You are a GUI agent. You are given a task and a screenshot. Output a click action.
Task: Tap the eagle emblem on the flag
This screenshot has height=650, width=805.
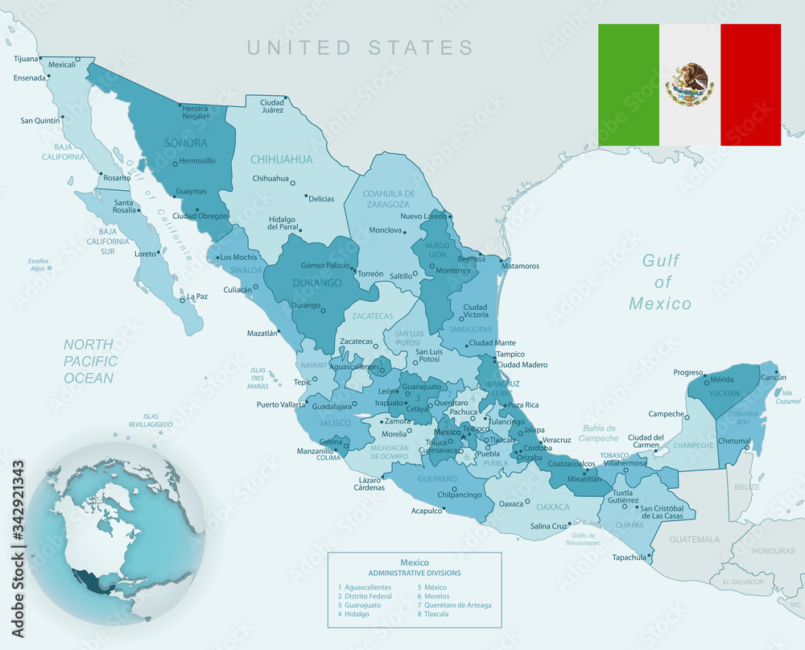[690, 85]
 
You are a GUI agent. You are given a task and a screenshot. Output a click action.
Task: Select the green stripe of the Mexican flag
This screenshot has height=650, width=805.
[629, 85]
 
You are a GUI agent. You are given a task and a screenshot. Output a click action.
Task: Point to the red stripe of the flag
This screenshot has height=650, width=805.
[750, 85]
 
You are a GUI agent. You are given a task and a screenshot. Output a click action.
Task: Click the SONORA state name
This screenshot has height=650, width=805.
[186, 143]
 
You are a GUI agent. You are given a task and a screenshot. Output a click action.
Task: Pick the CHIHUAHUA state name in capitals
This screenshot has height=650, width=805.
[281, 159]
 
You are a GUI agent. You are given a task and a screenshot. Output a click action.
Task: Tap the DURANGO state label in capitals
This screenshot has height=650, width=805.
[316, 283]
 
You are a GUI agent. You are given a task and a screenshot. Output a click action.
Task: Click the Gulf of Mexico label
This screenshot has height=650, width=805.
[661, 282]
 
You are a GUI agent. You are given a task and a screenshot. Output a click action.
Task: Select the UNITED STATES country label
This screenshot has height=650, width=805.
[360, 48]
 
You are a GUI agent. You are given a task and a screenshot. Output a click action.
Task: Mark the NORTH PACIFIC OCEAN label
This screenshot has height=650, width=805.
[91, 361]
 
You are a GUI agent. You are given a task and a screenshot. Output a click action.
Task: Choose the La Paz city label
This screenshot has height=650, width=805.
[197, 296]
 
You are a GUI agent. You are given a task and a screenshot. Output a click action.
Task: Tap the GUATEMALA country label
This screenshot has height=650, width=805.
[695, 539]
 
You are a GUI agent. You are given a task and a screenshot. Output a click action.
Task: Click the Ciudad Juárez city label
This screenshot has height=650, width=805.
[271, 106]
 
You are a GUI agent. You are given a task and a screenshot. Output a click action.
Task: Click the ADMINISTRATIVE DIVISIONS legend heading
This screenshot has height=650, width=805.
[415, 573]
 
